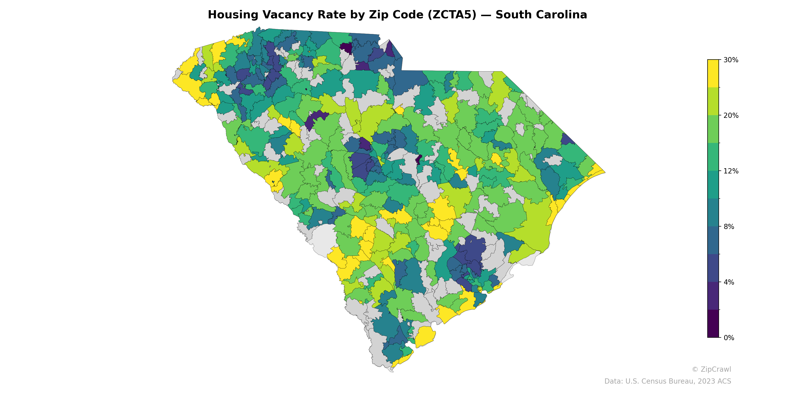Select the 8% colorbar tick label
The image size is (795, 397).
pos(729,227)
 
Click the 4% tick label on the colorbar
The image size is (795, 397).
pos(729,282)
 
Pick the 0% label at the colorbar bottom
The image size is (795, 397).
pos(729,338)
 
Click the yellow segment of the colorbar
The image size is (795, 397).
pos(713,73)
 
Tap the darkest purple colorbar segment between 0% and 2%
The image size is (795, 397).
pos(713,324)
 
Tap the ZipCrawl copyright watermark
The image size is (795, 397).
pos(711,369)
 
